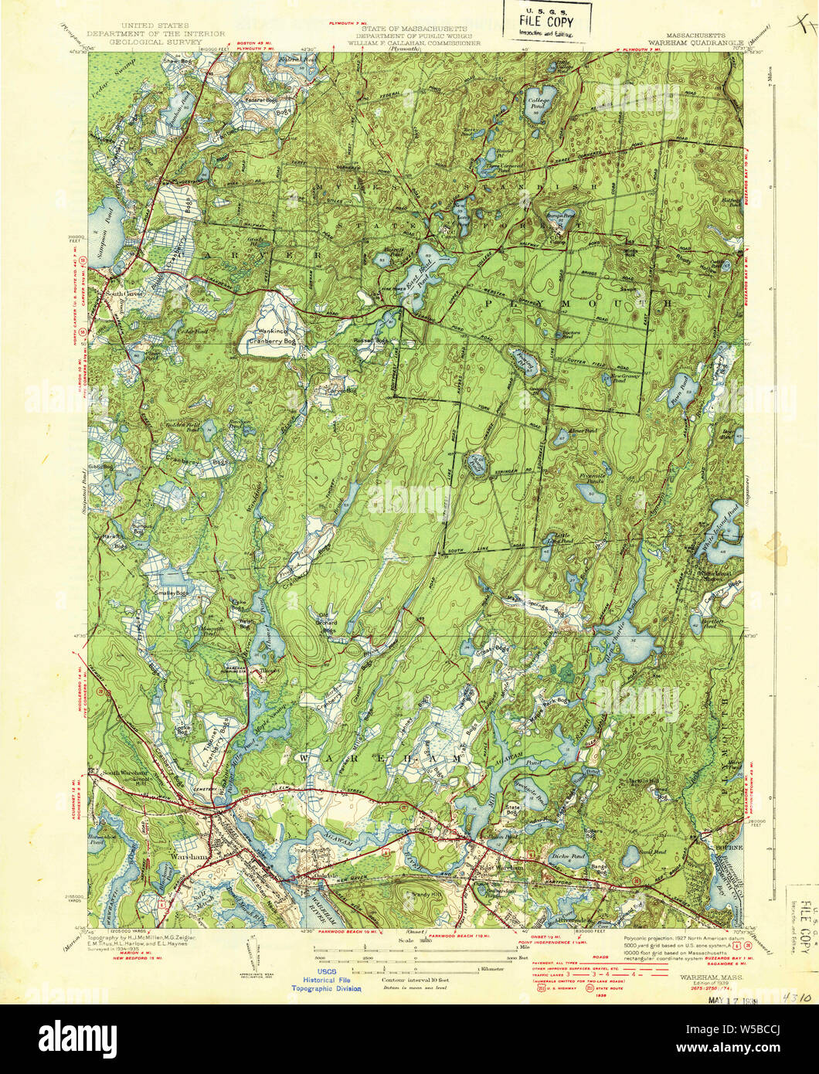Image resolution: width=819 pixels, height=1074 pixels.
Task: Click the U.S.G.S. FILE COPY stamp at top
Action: (546, 20)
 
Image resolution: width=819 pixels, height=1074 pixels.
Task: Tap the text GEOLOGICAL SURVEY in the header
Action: (156, 43)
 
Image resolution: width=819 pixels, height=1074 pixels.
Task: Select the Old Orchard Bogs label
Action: (331, 620)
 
